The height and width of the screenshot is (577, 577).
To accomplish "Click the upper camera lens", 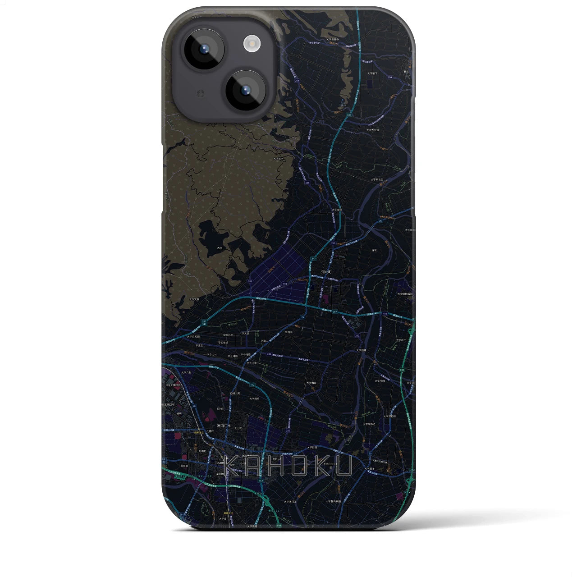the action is pyautogui.click(x=204, y=49).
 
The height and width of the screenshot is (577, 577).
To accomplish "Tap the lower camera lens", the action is pyautogui.click(x=246, y=90).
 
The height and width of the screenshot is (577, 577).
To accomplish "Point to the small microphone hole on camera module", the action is pyautogui.click(x=201, y=93).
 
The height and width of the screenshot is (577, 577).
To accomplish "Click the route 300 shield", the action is pyautogui.click(x=389, y=78).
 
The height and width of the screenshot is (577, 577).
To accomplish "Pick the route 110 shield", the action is pyautogui.click(x=284, y=284).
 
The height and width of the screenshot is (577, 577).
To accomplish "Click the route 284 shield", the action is pyautogui.click(x=269, y=354).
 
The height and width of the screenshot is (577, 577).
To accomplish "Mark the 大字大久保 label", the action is pyautogui.click(x=372, y=130).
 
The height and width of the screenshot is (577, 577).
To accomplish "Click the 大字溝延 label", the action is pyautogui.click(x=311, y=383).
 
